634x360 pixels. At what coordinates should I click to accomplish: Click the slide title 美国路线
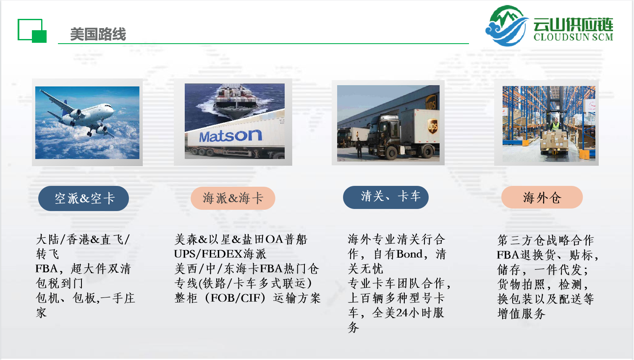coord(98,34)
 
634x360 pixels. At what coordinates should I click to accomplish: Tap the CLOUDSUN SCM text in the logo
coord(573,37)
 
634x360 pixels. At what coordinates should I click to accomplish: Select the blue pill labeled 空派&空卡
coord(84,198)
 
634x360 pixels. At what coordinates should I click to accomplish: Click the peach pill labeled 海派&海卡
coord(233,198)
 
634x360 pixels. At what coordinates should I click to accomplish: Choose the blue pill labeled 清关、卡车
coord(386,197)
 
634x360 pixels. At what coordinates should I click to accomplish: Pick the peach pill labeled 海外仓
coord(542,197)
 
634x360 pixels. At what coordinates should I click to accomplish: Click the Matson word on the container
coord(231,136)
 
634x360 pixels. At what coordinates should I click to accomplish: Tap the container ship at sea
coord(236,100)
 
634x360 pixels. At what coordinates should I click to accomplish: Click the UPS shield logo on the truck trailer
coord(432,126)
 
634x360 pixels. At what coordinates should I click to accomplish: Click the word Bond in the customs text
coord(410,254)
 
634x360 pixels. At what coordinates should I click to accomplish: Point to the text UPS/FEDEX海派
coord(220,254)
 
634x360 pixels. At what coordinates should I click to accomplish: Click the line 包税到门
coord(59,283)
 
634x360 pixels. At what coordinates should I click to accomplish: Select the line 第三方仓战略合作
coord(545,240)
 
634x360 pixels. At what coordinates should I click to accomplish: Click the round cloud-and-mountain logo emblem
coord(507,26)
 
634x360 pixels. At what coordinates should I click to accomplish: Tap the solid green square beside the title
coord(39,37)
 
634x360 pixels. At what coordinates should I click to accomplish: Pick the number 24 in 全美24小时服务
coord(402,313)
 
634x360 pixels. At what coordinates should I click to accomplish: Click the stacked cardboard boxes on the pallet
coord(554,141)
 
